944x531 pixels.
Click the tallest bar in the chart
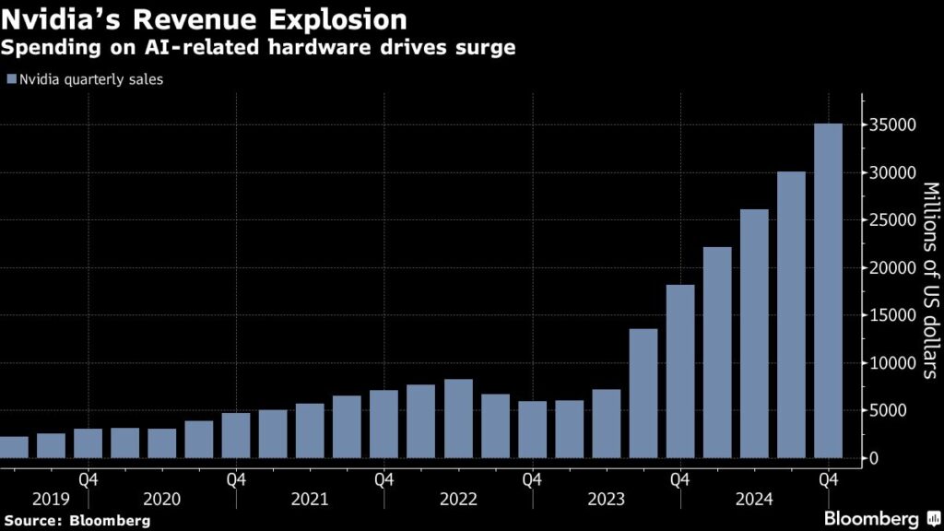[828, 291]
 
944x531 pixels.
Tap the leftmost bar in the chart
[13, 448]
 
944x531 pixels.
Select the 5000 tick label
[886, 411]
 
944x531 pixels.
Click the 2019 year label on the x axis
[50, 499]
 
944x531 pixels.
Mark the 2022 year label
[458, 499]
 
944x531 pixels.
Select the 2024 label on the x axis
[754, 499]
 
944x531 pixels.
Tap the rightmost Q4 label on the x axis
[828, 479]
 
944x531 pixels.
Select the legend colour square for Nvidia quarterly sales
[10, 80]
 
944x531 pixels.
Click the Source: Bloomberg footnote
[76, 521]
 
